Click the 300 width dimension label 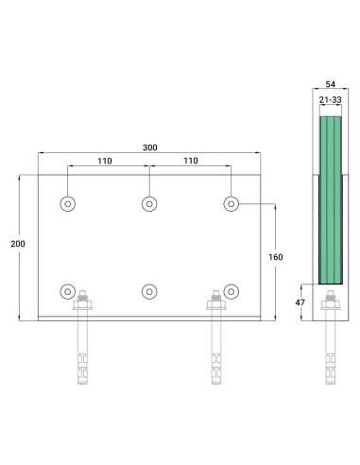[150, 147]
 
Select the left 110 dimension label [105, 161]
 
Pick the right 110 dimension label [191, 161]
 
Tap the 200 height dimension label [18, 244]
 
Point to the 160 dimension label [276, 257]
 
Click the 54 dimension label [331, 84]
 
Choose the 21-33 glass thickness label [331, 100]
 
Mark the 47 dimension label [300, 302]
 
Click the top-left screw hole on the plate [68, 204]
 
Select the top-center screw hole [149, 204]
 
